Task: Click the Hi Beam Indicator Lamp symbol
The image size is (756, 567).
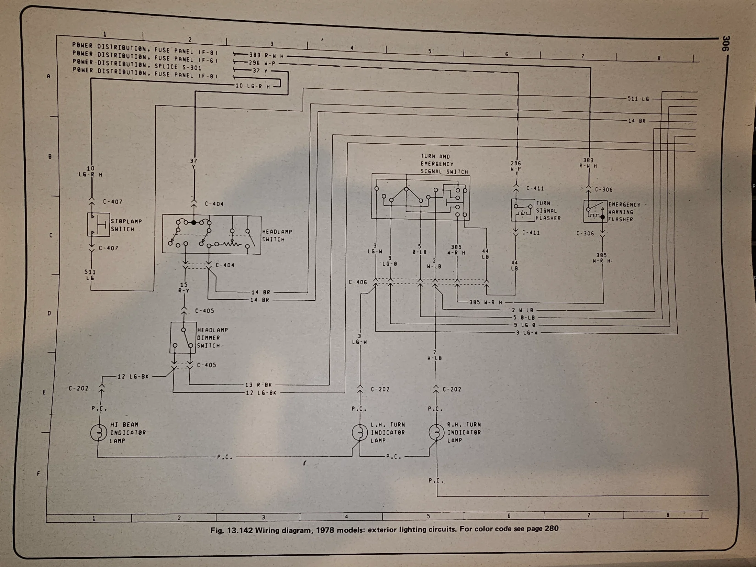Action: tap(99, 432)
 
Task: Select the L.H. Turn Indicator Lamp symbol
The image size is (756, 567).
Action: tap(360, 432)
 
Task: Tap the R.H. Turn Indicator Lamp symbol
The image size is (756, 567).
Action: tap(436, 432)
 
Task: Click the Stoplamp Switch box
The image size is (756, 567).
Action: tap(98, 224)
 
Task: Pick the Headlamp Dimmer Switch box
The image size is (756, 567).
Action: tap(183, 337)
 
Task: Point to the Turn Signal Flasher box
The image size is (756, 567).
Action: tap(523, 210)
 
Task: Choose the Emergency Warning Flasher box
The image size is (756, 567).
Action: tap(595, 211)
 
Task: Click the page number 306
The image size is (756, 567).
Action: tap(725, 44)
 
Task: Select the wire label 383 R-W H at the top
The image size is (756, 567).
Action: tap(266, 55)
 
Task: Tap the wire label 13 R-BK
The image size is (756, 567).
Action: tap(258, 385)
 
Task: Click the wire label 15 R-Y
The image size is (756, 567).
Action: tap(184, 288)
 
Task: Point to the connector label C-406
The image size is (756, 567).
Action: tap(358, 282)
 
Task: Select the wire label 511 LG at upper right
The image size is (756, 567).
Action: tap(638, 99)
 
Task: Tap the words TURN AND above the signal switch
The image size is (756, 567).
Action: tap(435, 156)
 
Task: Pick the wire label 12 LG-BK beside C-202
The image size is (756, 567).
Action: tap(133, 377)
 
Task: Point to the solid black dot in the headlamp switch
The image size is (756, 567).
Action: tap(193, 223)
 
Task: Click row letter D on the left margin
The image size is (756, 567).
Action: tap(49, 313)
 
